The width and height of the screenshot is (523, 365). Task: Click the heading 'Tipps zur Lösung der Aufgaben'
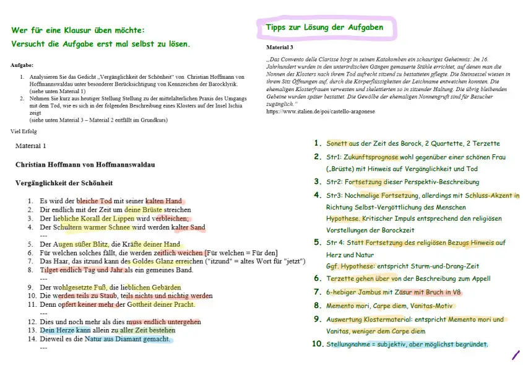324,27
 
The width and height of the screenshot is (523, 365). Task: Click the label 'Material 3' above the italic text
280,47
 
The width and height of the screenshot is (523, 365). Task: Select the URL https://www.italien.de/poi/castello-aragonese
319,112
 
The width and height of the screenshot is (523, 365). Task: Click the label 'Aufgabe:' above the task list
22,64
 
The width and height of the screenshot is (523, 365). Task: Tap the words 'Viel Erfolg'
25,131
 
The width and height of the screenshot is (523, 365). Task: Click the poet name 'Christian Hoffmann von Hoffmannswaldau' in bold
85,165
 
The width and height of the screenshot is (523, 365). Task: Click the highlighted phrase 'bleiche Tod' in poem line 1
94,201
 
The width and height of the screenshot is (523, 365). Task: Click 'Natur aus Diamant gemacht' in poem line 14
127,339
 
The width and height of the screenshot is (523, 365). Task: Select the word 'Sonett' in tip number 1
337,143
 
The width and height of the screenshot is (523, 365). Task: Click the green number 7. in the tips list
318,292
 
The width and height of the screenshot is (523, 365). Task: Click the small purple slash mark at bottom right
516,355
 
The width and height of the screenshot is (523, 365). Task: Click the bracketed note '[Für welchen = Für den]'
241,252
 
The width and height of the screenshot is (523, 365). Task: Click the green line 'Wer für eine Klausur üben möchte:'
77,30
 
